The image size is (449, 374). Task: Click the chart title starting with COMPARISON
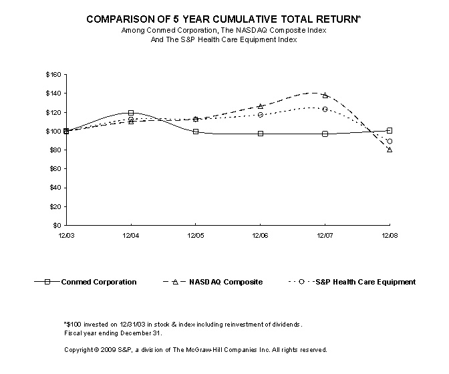pyautogui.click(x=224, y=20)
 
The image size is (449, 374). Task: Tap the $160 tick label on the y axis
pyautogui.click(x=53, y=74)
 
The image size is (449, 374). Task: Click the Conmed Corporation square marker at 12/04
pyautogui.click(x=131, y=113)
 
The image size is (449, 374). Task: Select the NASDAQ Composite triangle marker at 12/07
pyautogui.click(x=325, y=96)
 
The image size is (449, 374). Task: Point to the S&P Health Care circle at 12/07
pyautogui.click(x=325, y=109)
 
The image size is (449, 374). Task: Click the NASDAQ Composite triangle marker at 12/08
pyautogui.click(x=390, y=150)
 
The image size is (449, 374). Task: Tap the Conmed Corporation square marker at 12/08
pyautogui.click(x=390, y=130)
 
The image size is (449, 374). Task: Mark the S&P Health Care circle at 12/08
pyautogui.click(x=390, y=142)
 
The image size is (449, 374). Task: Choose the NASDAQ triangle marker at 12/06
pyautogui.click(x=260, y=106)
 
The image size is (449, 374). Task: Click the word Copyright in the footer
pyautogui.click(x=79, y=349)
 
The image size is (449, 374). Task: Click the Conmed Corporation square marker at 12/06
pyautogui.click(x=260, y=134)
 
